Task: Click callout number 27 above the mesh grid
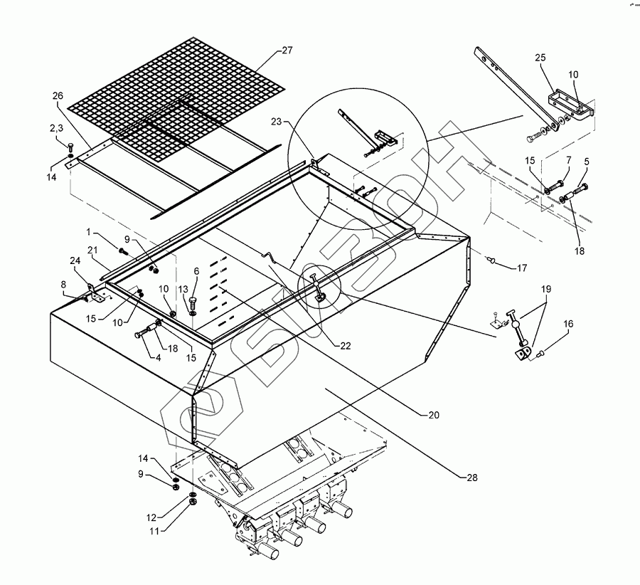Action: (x=287, y=51)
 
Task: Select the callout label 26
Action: (x=58, y=96)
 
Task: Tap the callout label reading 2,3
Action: (x=56, y=128)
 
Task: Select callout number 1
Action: (x=90, y=233)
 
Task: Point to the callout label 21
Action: (x=92, y=250)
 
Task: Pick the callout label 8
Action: (x=63, y=285)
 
